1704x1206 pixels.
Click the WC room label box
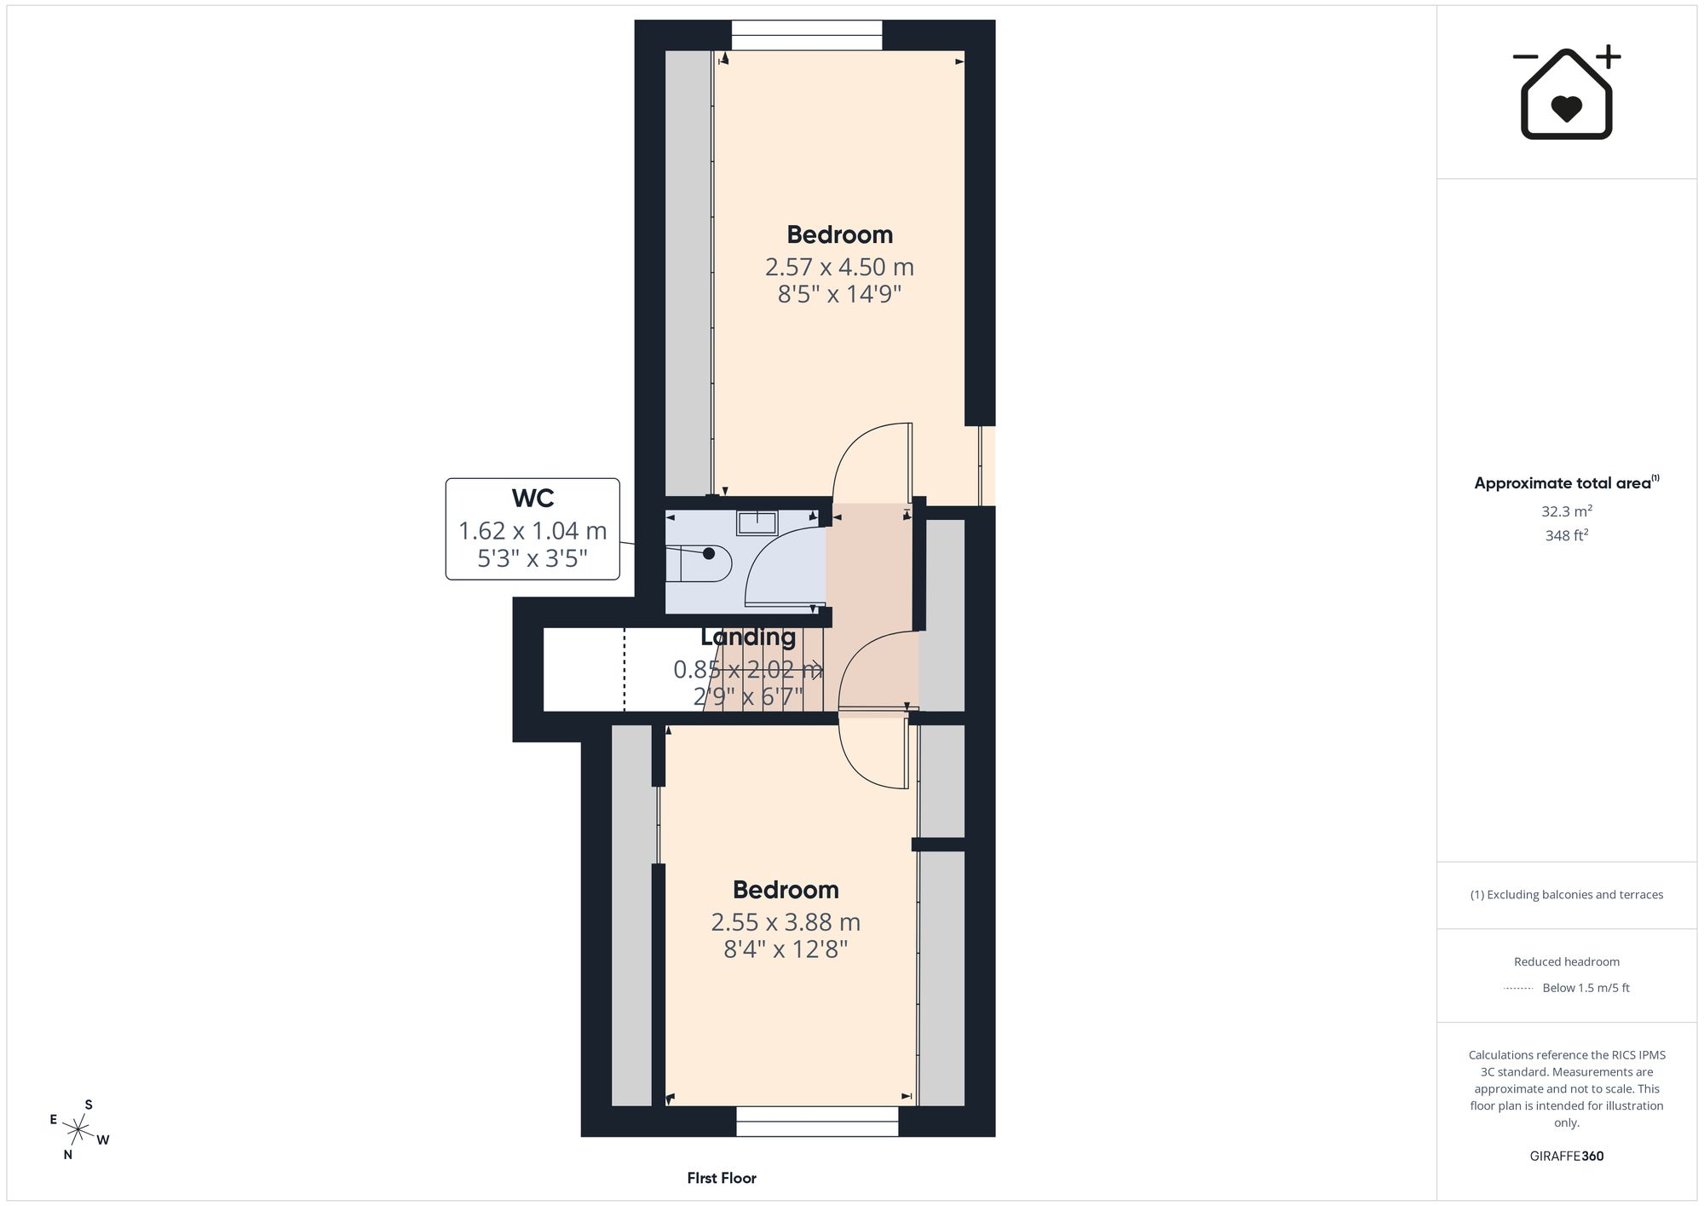click(x=532, y=529)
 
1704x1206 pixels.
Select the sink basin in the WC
click(x=756, y=522)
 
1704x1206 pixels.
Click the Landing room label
click(x=748, y=637)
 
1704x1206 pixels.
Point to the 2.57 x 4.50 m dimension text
click(x=839, y=267)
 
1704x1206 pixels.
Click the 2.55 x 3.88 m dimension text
click(x=786, y=922)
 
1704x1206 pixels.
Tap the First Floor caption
click(x=722, y=1178)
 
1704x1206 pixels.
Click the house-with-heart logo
click(x=1567, y=92)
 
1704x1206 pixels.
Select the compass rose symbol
click(x=78, y=1130)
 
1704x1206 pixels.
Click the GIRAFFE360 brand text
click(x=1566, y=1157)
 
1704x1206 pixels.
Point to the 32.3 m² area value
click(x=1567, y=511)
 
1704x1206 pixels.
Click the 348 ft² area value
click(x=1567, y=535)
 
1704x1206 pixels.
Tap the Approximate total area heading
click(x=1566, y=482)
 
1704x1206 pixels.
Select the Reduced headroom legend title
click(x=1566, y=961)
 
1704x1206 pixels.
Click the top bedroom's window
click(x=807, y=36)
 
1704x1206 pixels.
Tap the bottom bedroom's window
click(x=817, y=1122)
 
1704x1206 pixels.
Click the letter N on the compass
click(x=68, y=1155)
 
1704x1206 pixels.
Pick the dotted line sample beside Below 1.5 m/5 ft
click(x=1518, y=989)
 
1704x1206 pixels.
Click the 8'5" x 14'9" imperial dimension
click(x=839, y=295)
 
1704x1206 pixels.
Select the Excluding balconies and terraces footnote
click(x=1566, y=895)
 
